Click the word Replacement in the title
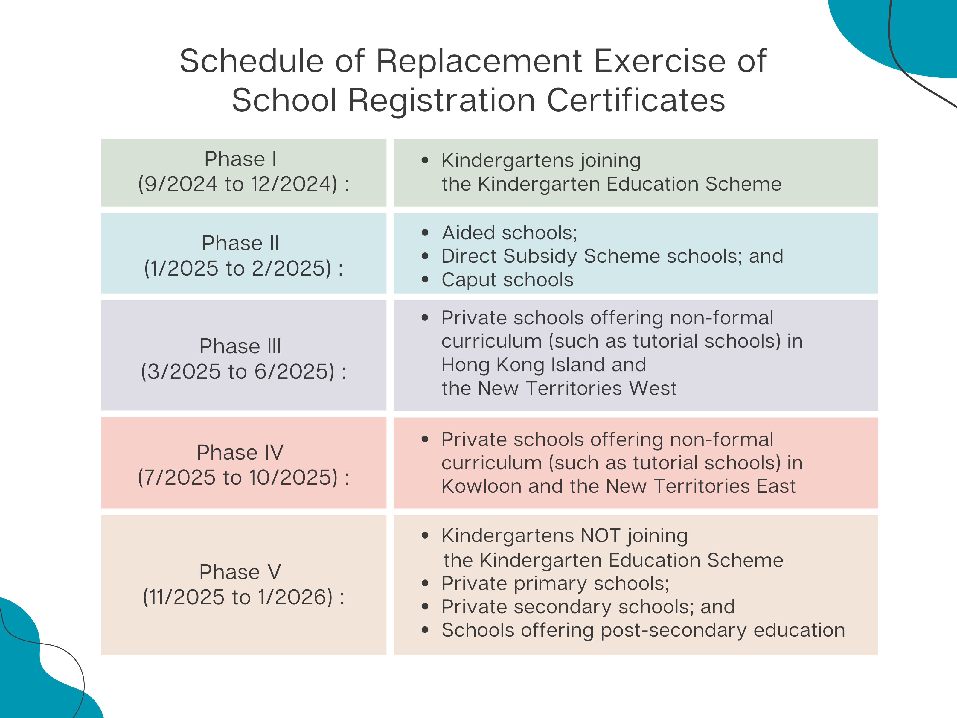pyautogui.click(x=479, y=61)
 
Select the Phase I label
pyautogui.click(x=240, y=159)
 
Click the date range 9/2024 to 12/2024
pyautogui.click(x=243, y=184)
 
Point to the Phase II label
pyautogui.click(x=240, y=243)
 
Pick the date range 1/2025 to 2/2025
pyautogui.click(x=243, y=268)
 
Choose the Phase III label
pyautogui.click(x=240, y=346)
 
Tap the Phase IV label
pyautogui.click(x=240, y=452)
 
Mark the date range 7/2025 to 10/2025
pyautogui.click(x=243, y=478)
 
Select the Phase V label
pyautogui.click(x=240, y=572)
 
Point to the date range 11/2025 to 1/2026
pyautogui.click(x=243, y=597)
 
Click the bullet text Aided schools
pyautogui.click(x=509, y=233)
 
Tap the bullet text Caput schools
pyautogui.click(x=507, y=280)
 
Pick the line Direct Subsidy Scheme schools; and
pyautogui.click(x=612, y=256)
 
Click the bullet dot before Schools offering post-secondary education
pyautogui.click(x=425, y=630)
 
